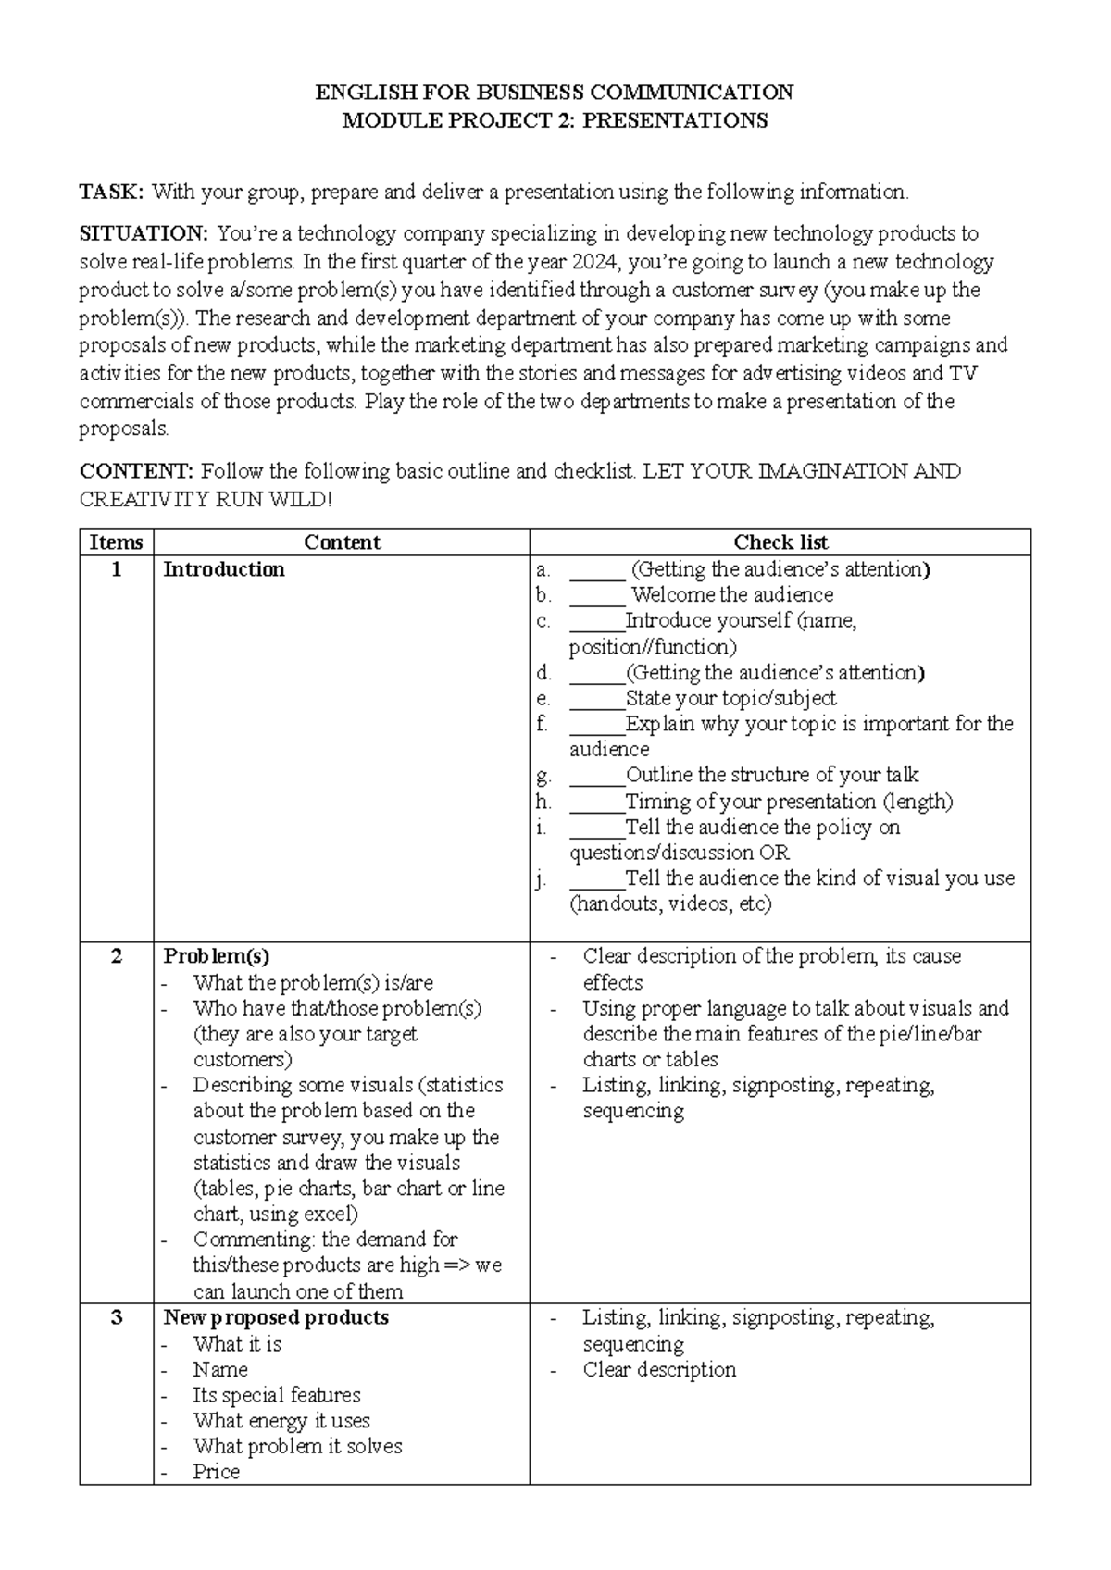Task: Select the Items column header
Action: tap(116, 542)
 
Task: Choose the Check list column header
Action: tap(780, 542)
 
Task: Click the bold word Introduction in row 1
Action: tap(224, 569)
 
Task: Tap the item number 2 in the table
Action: tap(116, 956)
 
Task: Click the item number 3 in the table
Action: tap(116, 1317)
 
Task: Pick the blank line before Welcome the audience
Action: tap(597, 595)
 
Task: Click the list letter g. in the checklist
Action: tap(543, 775)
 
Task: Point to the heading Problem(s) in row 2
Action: tap(216, 956)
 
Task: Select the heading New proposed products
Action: tap(276, 1317)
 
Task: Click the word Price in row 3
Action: tap(216, 1472)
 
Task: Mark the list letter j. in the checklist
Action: tap(542, 878)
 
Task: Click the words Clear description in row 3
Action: tap(659, 1369)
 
